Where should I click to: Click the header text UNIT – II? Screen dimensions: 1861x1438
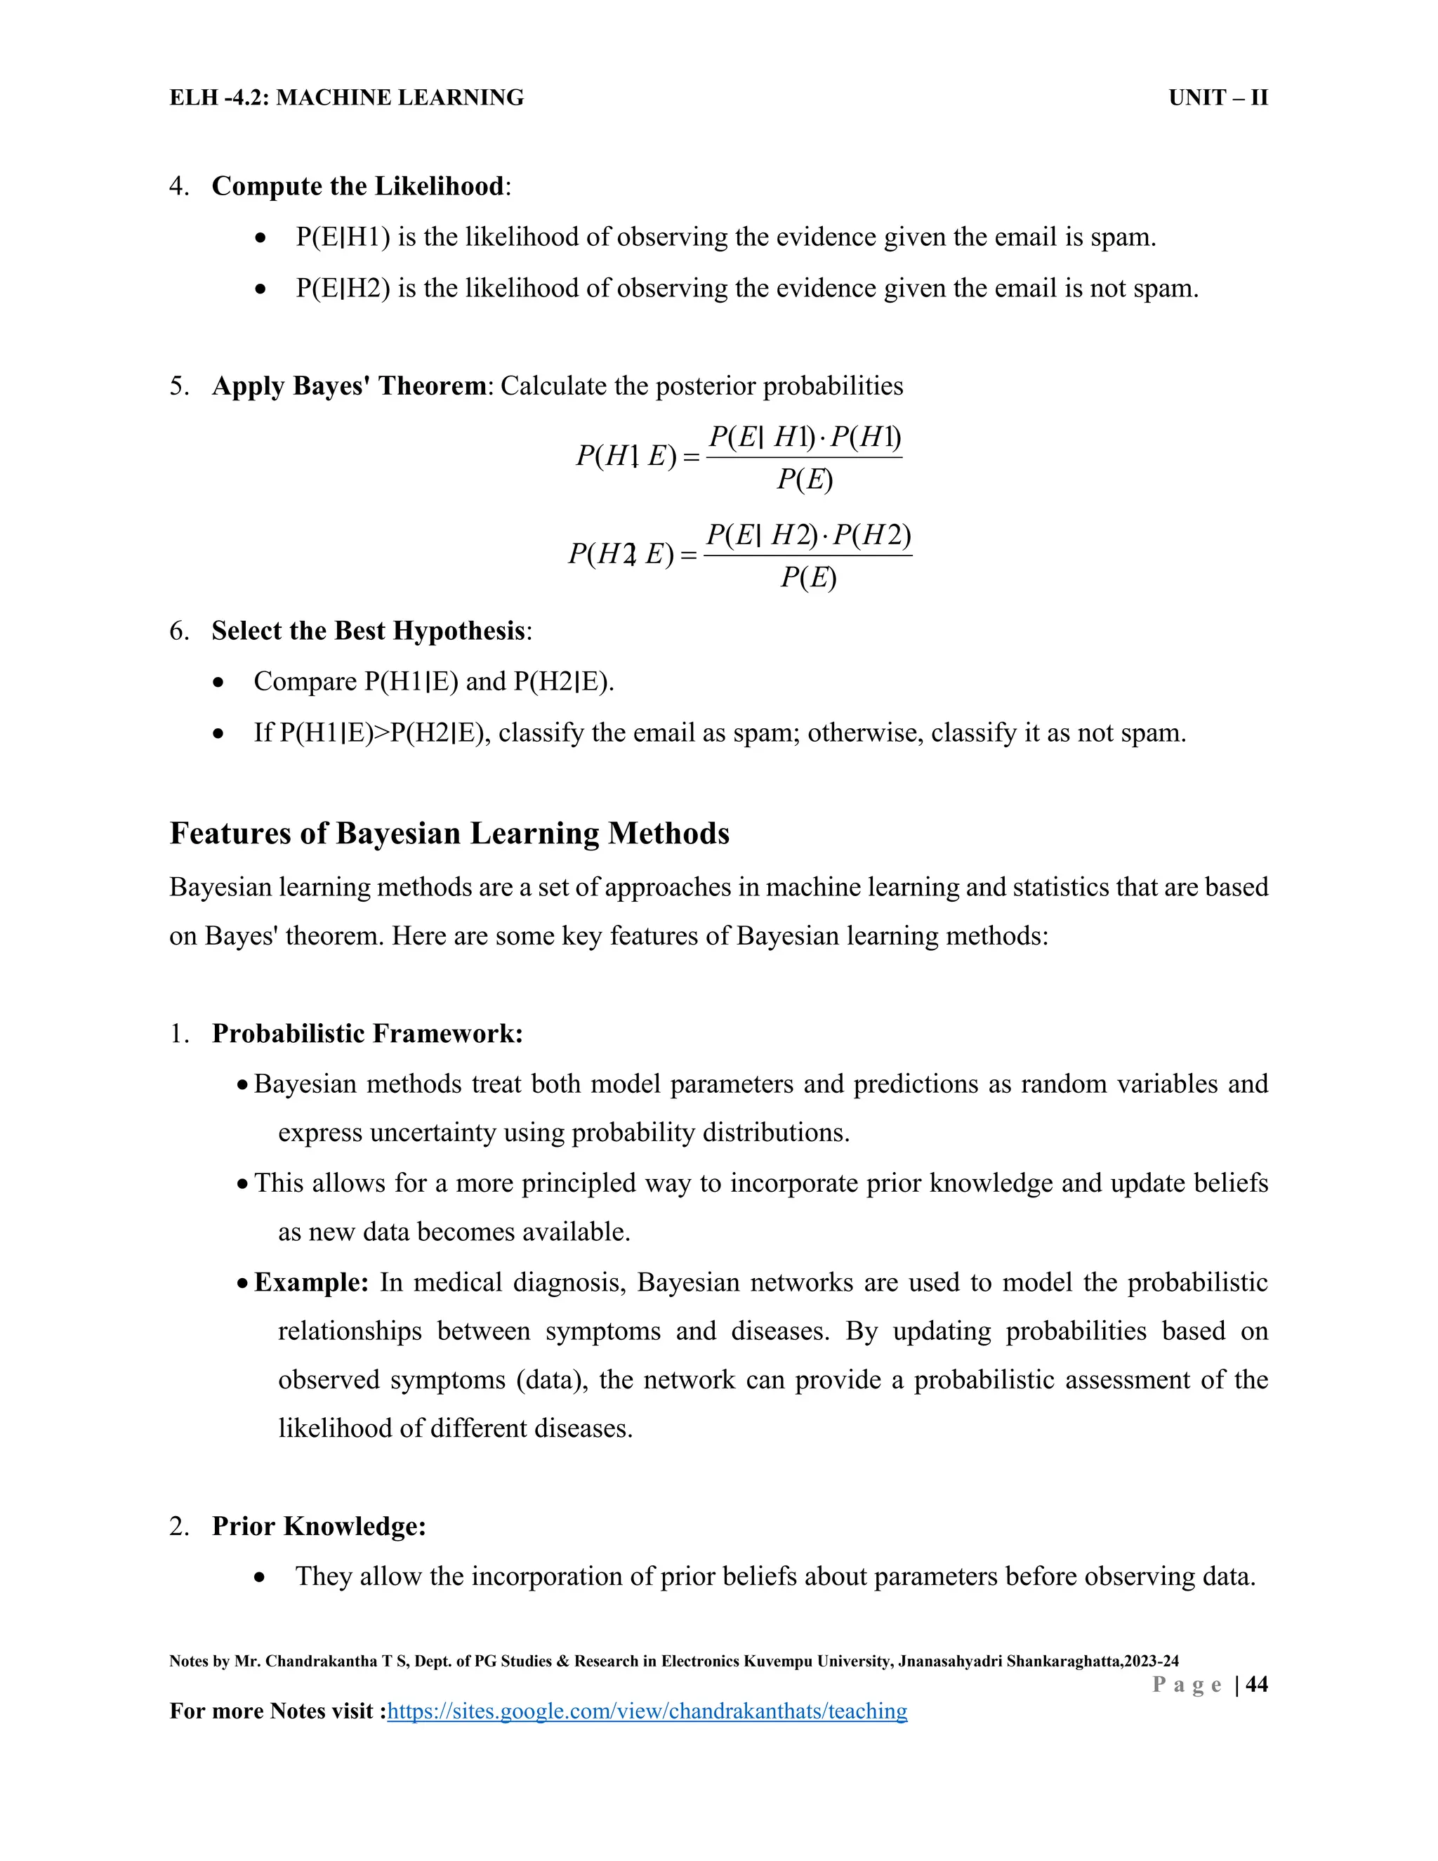pos(1218,98)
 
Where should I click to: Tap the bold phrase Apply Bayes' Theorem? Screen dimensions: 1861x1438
pos(349,386)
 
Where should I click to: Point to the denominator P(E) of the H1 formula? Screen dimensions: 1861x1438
pos(804,480)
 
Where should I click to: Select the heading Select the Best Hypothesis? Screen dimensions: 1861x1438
pos(368,631)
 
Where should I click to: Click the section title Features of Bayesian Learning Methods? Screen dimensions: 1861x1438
pos(449,832)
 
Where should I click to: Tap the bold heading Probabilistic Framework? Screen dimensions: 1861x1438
pos(367,1034)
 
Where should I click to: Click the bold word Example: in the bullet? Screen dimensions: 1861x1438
pos(311,1282)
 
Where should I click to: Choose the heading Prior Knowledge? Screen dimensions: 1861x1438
pos(319,1526)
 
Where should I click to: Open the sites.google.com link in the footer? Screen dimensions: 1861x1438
pos(647,1711)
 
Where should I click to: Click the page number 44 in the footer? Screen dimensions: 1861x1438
pos(1257,1685)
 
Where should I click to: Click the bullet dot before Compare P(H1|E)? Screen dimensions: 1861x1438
pos(219,683)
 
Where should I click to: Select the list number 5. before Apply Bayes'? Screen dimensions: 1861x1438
pos(179,386)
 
